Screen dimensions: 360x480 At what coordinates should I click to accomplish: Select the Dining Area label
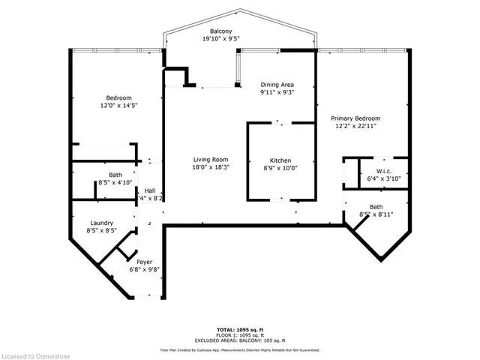tap(277, 85)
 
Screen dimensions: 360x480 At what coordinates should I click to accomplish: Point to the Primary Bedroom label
tap(356, 118)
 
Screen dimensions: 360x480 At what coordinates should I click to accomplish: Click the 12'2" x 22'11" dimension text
tap(356, 126)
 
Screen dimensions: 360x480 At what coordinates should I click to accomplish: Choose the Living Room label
tap(210, 160)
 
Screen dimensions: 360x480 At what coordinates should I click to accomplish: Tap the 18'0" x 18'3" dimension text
tap(210, 167)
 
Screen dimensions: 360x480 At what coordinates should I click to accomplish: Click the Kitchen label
tap(280, 160)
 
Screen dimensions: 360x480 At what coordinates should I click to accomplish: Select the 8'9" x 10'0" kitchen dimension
tap(280, 168)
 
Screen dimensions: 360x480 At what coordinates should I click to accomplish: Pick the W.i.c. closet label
tap(382, 171)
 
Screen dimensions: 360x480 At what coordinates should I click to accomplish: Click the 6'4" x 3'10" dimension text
tap(382, 178)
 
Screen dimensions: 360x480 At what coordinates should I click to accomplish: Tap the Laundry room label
tap(101, 223)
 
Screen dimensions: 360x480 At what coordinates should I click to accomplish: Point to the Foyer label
tap(145, 262)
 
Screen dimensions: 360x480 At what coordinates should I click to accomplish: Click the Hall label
tap(150, 190)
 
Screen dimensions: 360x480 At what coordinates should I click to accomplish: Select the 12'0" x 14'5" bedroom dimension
tap(119, 106)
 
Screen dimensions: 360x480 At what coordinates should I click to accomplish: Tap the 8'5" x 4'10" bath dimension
tap(115, 183)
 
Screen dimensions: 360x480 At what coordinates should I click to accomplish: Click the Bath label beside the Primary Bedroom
tap(376, 207)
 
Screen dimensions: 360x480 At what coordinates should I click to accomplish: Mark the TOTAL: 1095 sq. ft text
tap(239, 329)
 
